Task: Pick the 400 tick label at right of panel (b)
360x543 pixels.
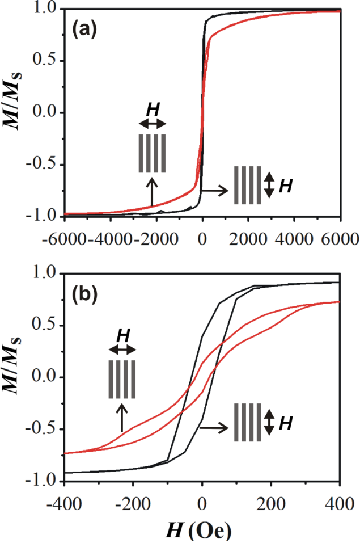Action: (x=339, y=502)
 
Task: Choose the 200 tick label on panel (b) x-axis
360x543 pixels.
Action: (x=270, y=502)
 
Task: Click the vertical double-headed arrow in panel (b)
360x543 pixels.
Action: (x=270, y=422)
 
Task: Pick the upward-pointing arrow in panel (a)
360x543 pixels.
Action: (x=151, y=191)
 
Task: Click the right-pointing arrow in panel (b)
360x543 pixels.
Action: (x=214, y=422)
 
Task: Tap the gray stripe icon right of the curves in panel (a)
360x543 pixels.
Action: (x=248, y=184)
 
